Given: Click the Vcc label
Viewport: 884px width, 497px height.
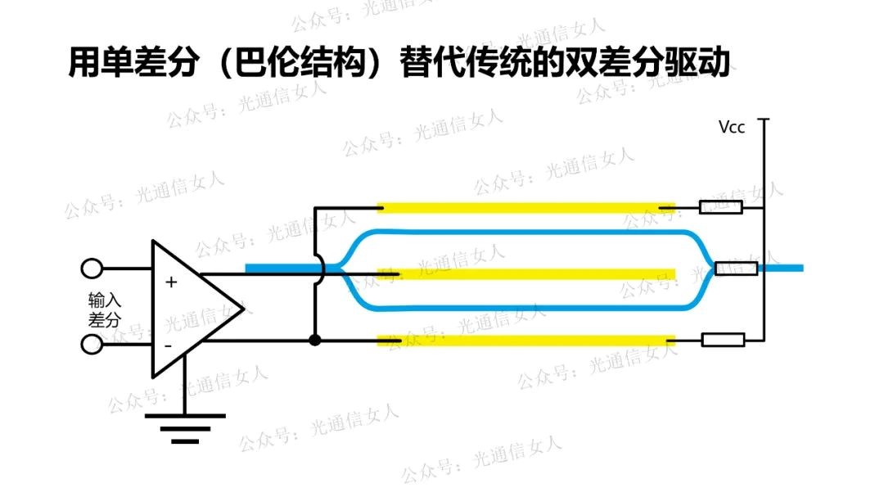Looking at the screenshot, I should click(x=731, y=128).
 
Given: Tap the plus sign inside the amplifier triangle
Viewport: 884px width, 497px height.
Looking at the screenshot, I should click(x=171, y=282).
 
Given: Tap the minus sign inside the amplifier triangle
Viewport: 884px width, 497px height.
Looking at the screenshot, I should click(x=169, y=345).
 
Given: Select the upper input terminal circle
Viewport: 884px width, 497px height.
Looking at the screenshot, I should click(x=92, y=269).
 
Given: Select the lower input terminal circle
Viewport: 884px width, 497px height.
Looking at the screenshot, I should click(x=92, y=344).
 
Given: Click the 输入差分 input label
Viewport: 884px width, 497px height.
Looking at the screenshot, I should click(x=104, y=309).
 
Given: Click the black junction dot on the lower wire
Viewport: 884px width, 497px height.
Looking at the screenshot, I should click(x=314, y=340).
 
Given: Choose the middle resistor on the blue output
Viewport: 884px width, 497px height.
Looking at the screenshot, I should click(x=736, y=268).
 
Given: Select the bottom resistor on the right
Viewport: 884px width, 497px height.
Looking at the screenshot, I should click(x=724, y=340).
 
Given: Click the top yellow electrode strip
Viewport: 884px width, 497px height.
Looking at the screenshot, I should click(x=524, y=208).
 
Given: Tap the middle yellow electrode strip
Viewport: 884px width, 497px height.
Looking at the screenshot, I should click(x=532, y=273).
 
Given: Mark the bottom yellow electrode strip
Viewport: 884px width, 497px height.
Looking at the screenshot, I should click(x=524, y=340).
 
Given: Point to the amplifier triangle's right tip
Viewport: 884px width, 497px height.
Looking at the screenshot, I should click(x=243, y=308).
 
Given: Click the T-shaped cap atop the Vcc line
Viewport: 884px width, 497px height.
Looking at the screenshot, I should click(x=763, y=120).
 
